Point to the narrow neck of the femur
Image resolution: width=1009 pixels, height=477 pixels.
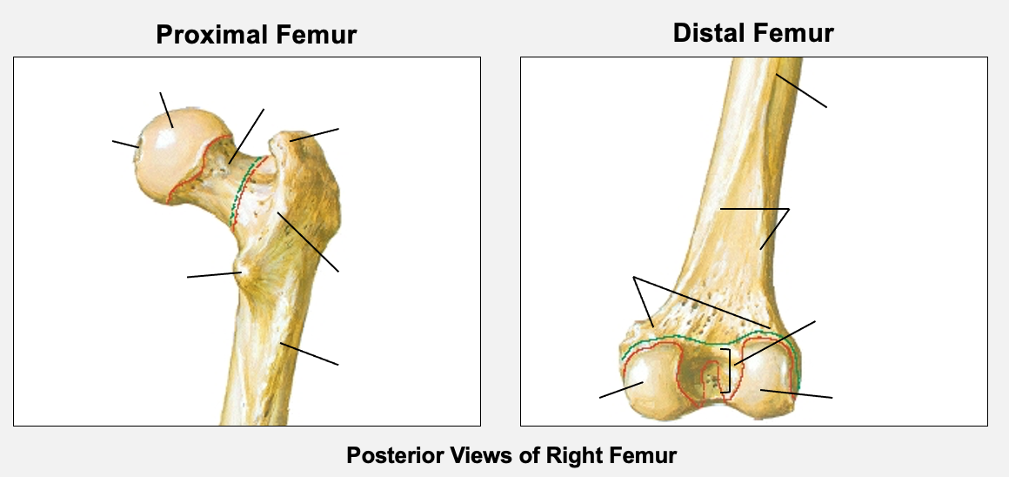(x=222, y=187)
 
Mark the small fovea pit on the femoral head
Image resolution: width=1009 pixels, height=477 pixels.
(x=137, y=146)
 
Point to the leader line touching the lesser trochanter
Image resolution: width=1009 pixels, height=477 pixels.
(x=213, y=275)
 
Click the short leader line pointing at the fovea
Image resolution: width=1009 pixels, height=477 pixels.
(x=124, y=143)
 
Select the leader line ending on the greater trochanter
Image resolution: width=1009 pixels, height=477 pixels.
(x=315, y=134)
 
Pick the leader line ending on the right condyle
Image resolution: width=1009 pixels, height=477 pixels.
(x=797, y=394)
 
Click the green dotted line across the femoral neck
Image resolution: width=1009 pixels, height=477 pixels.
(x=239, y=196)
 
